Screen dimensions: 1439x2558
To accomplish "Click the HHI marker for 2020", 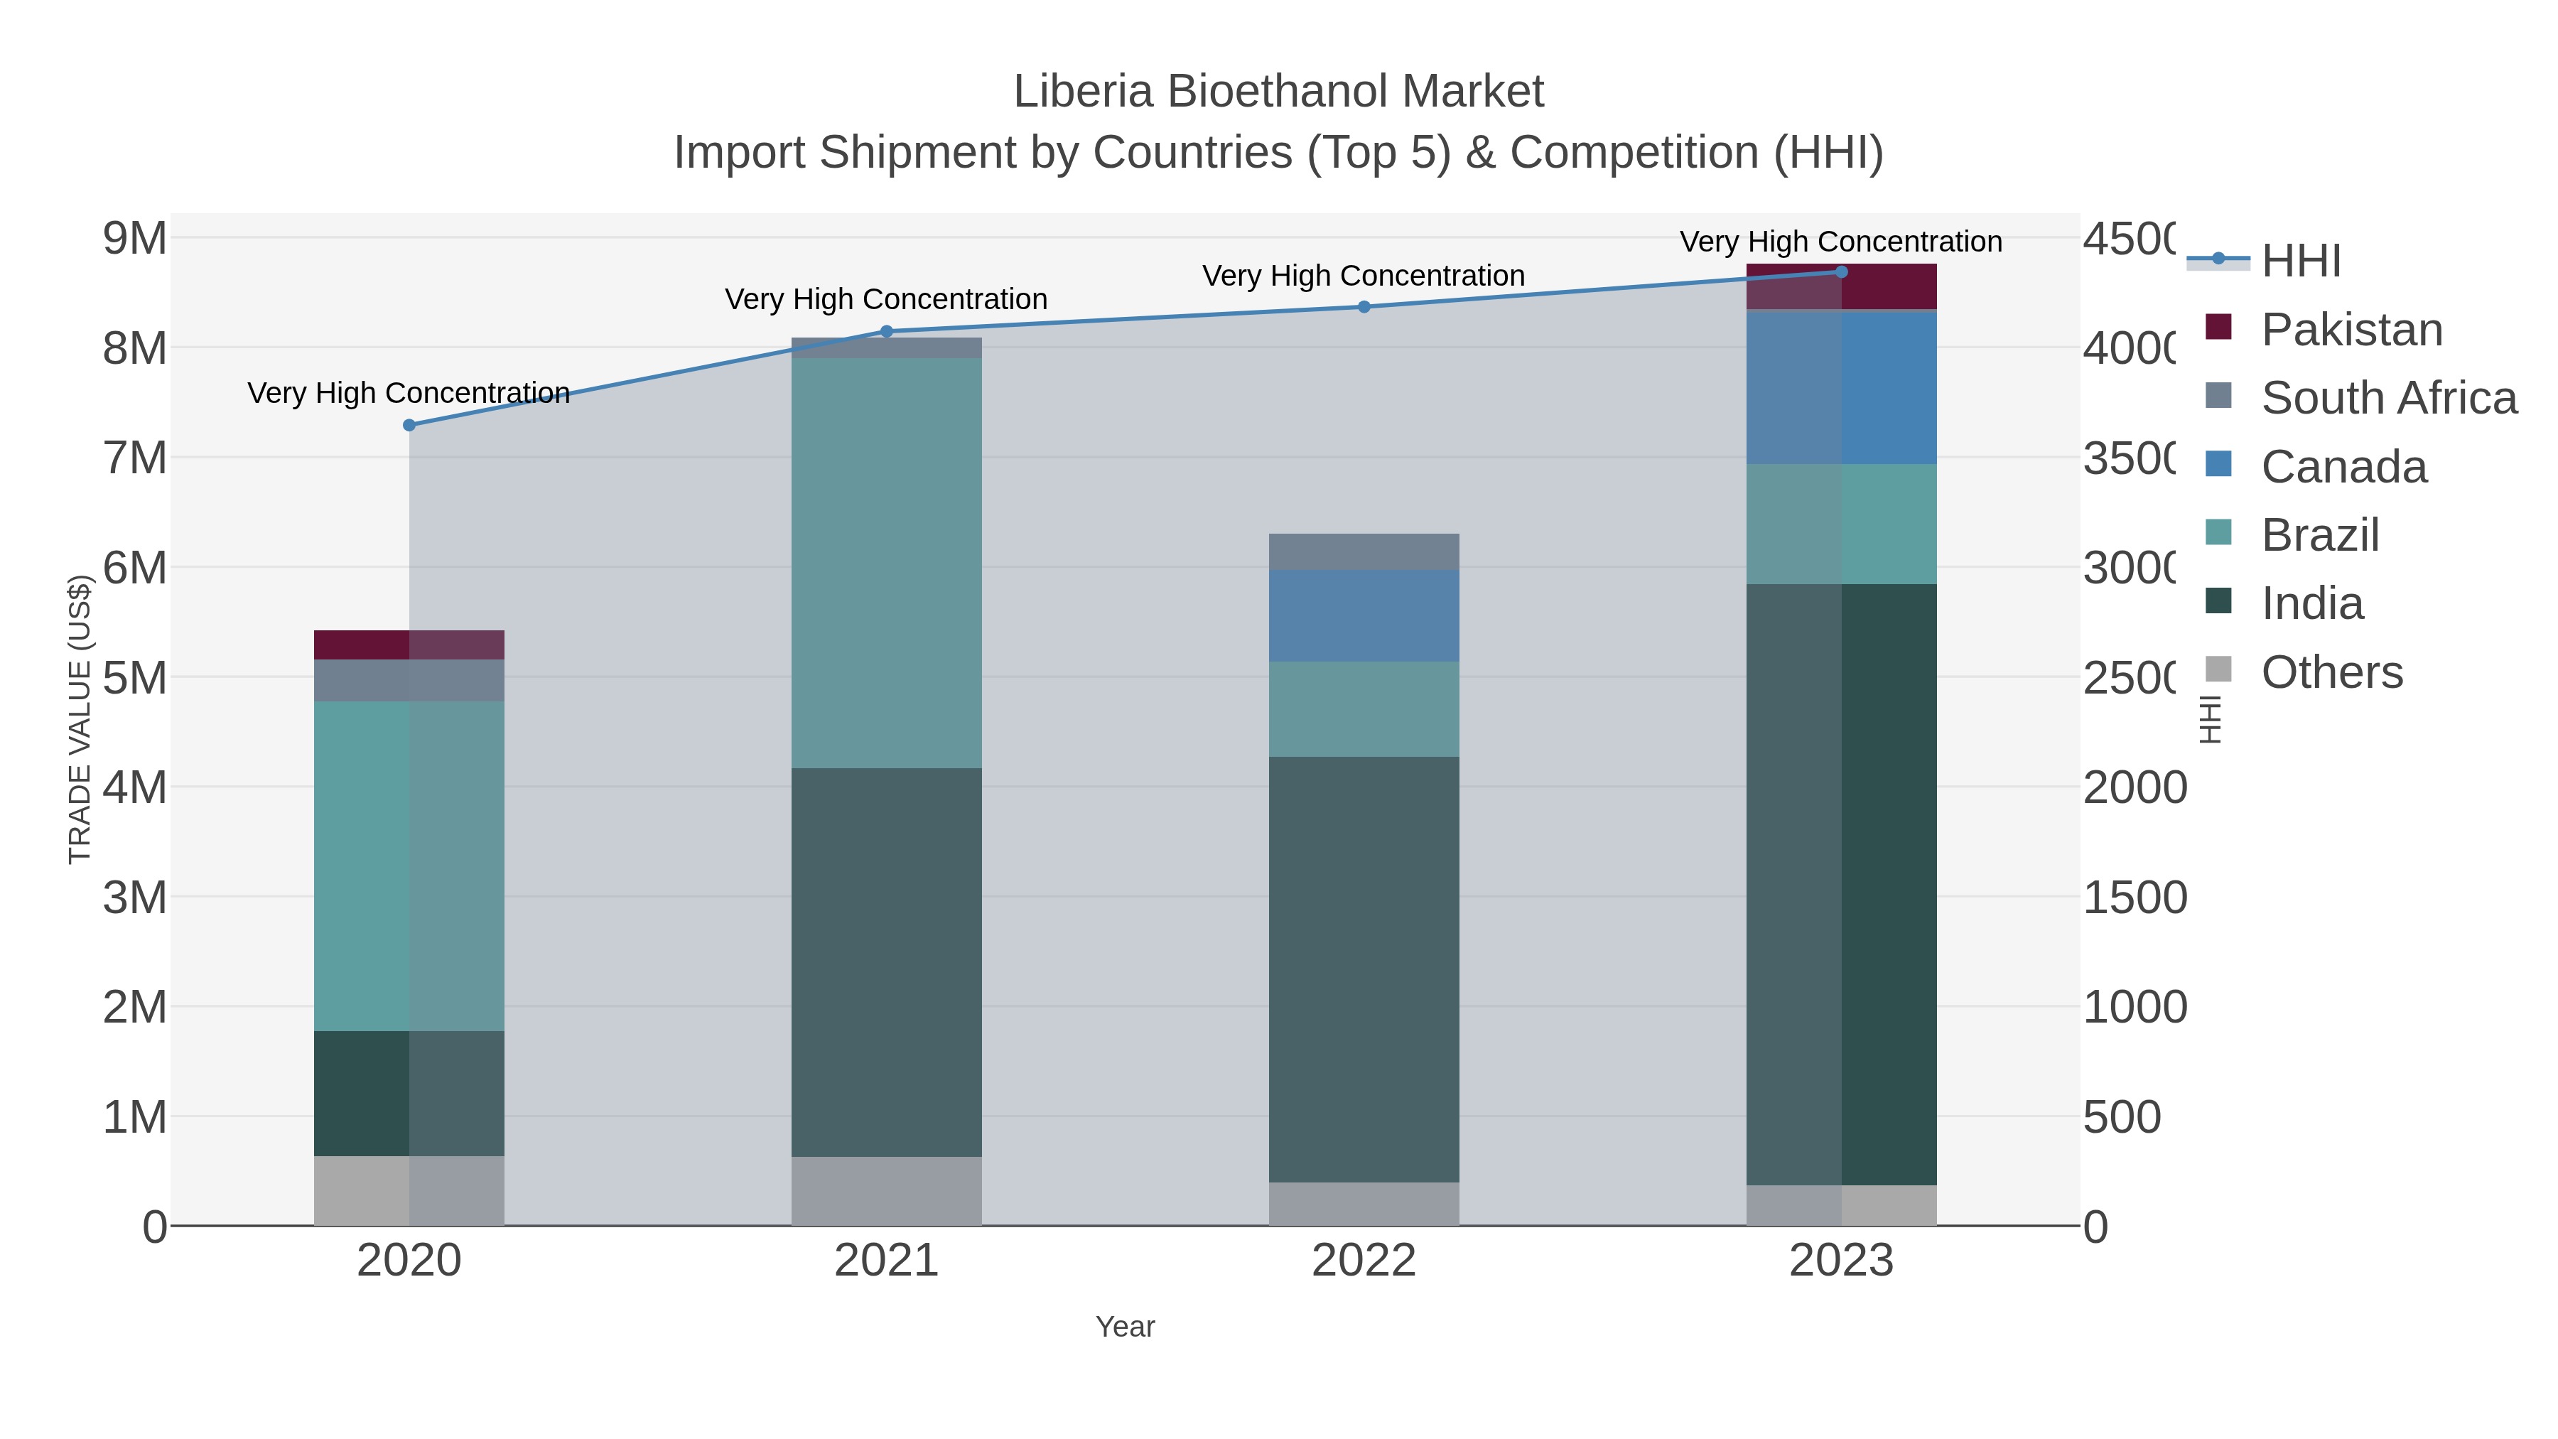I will click(x=409, y=425).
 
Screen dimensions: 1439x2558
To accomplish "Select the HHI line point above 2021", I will click(x=887, y=332).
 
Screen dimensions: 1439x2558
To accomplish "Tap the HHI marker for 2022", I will click(x=1364, y=307).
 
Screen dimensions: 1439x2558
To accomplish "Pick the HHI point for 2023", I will click(x=1841, y=272).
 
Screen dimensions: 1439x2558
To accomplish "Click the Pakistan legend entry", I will click(x=2351, y=330).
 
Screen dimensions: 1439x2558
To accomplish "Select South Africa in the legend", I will click(x=2388, y=398).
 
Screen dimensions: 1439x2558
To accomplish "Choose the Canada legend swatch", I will click(x=2218, y=465).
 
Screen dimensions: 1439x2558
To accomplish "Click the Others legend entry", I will click(x=2331, y=672).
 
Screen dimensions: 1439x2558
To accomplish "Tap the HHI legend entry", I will click(x=2301, y=262).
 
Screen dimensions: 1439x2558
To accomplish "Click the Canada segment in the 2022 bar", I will click(x=1364, y=615).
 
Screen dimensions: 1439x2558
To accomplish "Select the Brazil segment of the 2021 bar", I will click(x=887, y=562).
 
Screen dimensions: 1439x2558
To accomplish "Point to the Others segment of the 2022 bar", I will click(x=1364, y=1204).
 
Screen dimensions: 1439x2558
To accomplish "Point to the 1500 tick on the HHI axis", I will click(x=2134, y=898).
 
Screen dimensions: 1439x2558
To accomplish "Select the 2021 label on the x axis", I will click(x=887, y=1261).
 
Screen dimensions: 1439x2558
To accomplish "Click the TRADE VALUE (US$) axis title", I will click(x=80, y=719).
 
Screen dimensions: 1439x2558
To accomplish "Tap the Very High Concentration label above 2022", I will click(x=1364, y=276).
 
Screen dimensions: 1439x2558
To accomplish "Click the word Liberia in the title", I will click(x=1082, y=92).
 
